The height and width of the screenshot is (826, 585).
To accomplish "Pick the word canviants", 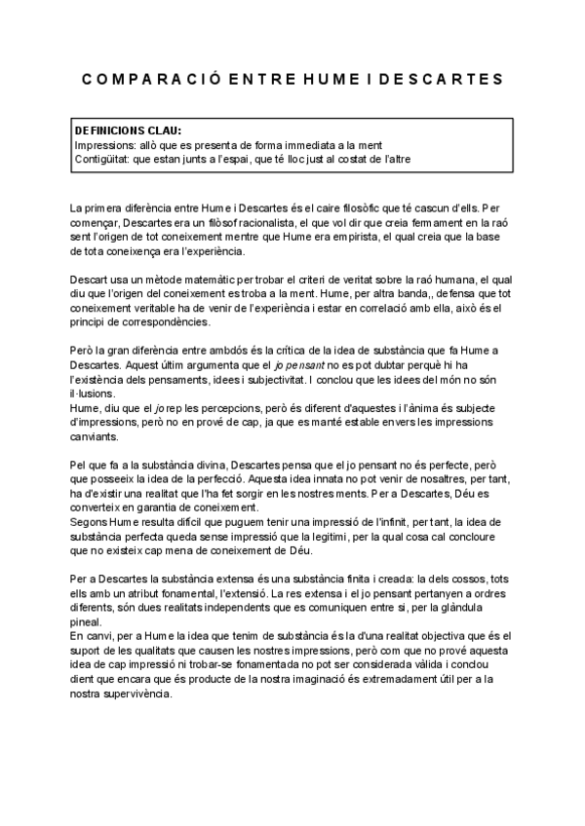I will click(96, 436).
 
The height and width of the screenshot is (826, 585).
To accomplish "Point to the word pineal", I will click(85, 622).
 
